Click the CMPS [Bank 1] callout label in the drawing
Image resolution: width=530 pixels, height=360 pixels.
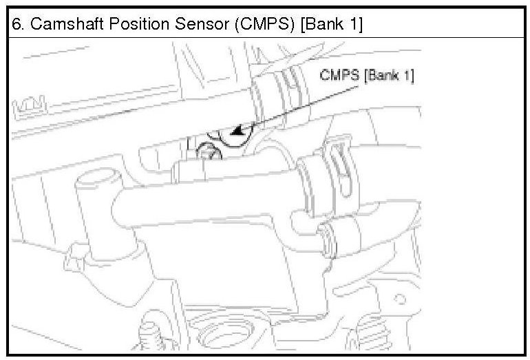367,76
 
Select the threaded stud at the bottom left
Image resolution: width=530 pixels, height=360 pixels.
147,341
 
